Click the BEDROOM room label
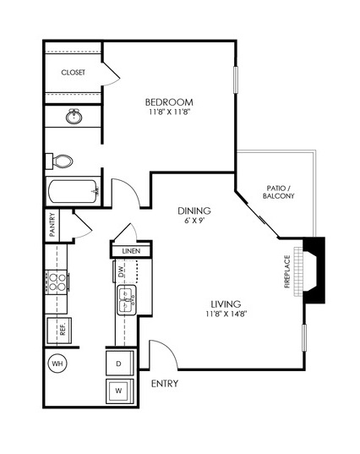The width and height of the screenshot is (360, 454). pyautogui.click(x=169, y=102)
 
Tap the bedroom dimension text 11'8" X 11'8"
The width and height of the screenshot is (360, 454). pyautogui.click(x=169, y=112)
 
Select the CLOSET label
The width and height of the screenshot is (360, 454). pyautogui.click(x=74, y=73)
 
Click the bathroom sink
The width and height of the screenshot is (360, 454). pyautogui.click(x=74, y=117)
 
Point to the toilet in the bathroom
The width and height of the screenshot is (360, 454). pyautogui.click(x=59, y=161)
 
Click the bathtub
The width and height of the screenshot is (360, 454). pyautogui.click(x=74, y=191)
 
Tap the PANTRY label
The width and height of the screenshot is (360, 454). pyautogui.click(x=52, y=225)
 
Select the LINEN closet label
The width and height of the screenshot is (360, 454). pyautogui.click(x=131, y=251)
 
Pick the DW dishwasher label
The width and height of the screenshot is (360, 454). pyautogui.click(x=121, y=271)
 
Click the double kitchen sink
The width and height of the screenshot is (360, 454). pyautogui.click(x=127, y=300)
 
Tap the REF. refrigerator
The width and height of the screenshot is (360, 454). pyautogui.click(x=59, y=331)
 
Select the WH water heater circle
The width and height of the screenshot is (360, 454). pyautogui.click(x=57, y=364)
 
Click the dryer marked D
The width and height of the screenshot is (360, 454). pyautogui.click(x=120, y=363)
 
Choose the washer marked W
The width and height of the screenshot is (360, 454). pyautogui.click(x=120, y=391)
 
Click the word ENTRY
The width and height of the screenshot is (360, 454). pyautogui.click(x=165, y=384)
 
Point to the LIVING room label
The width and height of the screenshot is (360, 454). pyautogui.click(x=226, y=304)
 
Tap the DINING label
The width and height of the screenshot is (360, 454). pyautogui.click(x=194, y=211)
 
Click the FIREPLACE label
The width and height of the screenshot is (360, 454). pyautogui.click(x=287, y=271)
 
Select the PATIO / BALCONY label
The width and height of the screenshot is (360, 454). pyautogui.click(x=278, y=192)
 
